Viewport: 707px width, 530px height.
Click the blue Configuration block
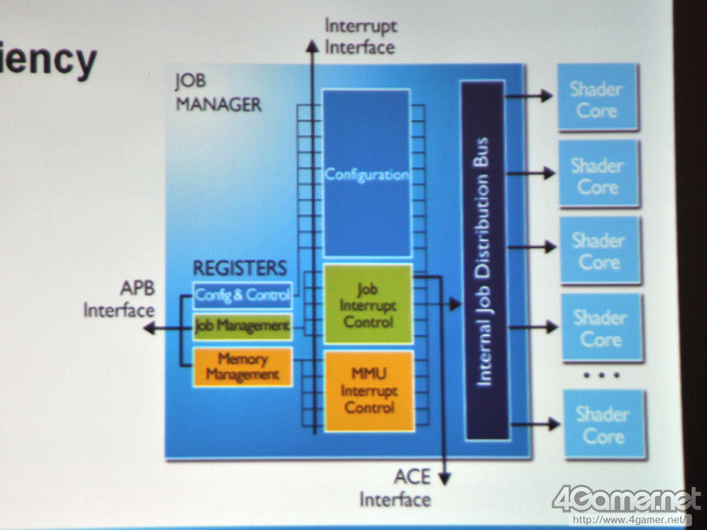click(x=367, y=174)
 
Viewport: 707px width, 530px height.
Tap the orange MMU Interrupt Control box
click(x=369, y=391)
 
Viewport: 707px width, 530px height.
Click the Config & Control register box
click(x=242, y=295)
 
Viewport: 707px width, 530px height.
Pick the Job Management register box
click(x=242, y=326)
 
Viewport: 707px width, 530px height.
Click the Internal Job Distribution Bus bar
click(x=485, y=261)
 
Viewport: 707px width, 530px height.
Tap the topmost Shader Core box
click(x=597, y=98)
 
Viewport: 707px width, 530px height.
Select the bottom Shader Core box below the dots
click(x=604, y=424)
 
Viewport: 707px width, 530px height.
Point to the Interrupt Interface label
click(x=360, y=37)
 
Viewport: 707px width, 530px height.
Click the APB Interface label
click(x=119, y=299)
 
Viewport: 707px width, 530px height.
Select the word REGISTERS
click(x=239, y=268)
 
